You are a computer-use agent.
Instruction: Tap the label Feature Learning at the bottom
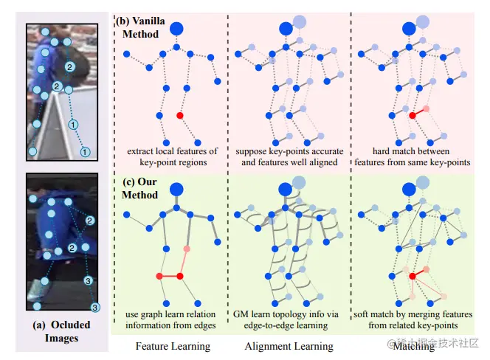point(173,345)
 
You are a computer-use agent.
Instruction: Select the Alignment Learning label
point(289,345)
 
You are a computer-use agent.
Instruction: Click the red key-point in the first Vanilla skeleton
point(179,116)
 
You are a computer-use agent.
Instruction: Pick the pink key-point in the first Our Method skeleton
point(185,249)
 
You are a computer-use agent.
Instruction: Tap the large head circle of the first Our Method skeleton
point(176,190)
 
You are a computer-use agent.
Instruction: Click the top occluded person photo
point(62,90)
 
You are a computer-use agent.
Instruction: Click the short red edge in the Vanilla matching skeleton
point(418,112)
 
